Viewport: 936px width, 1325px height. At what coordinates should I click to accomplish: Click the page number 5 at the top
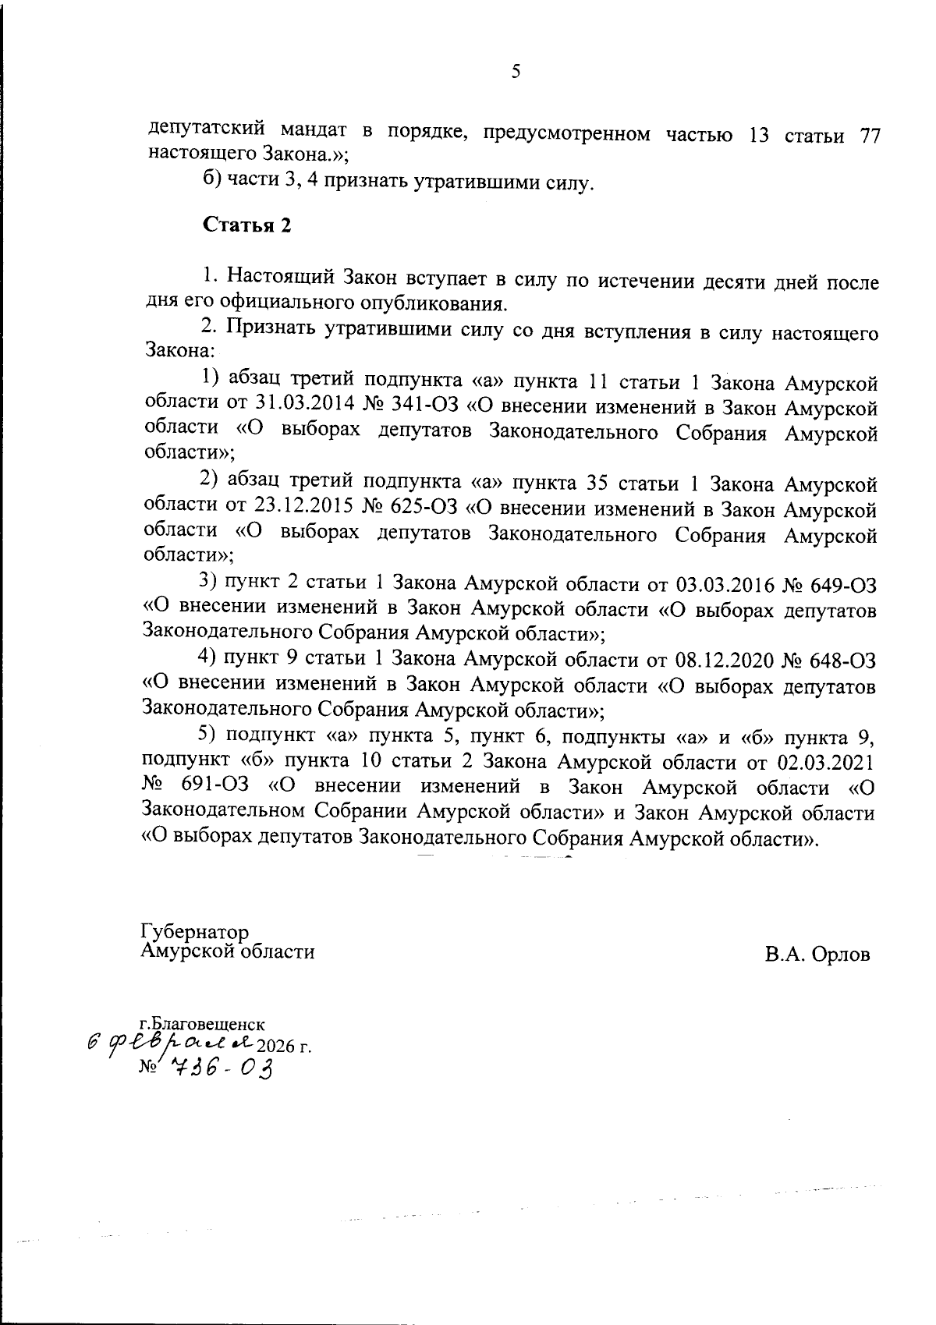[515, 73]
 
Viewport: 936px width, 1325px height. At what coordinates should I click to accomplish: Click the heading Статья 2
[247, 225]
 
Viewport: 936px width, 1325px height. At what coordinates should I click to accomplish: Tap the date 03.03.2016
[722, 584]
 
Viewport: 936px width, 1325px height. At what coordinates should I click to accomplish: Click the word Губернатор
[195, 933]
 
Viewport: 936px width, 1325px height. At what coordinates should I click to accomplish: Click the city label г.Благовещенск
[202, 1023]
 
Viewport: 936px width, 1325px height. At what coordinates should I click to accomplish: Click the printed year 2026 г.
[289, 1046]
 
